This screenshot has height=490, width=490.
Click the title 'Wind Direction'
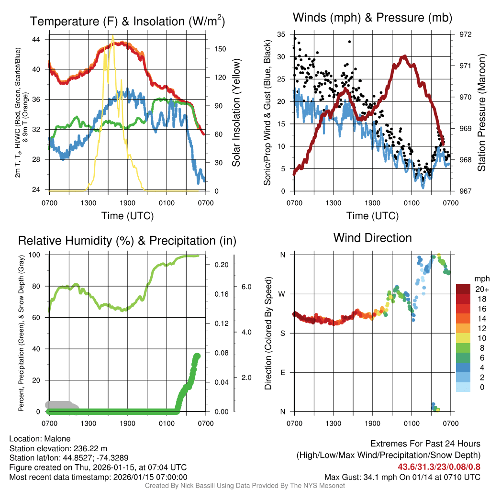(x=372, y=238)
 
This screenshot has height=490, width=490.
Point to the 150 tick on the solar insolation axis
(x=221, y=49)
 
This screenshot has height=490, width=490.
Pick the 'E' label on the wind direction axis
(x=282, y=372)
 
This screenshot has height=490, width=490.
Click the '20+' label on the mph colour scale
(x=481, y=289)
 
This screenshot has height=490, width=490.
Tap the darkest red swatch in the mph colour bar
(x=463, y=289)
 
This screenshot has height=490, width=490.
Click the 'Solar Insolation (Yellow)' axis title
(x=236, y=113)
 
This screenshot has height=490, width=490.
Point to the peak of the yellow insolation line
(x=113, y=36)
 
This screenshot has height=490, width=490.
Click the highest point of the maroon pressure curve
(x=405, y=56)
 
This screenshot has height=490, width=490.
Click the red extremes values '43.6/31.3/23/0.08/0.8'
(x=439, y=467)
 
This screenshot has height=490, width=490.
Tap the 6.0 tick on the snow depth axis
(x=246, y=287)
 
